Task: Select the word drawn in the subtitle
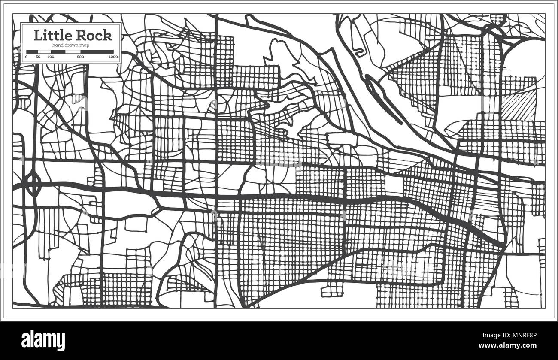72,45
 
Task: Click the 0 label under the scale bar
27,57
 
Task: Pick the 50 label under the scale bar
38,57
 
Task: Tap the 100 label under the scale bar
51,57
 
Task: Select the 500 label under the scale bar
80,57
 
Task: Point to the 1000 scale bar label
113,57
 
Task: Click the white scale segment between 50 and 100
44,51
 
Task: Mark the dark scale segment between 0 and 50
32,51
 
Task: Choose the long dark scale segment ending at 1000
97,51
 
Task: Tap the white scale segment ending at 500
72,51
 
